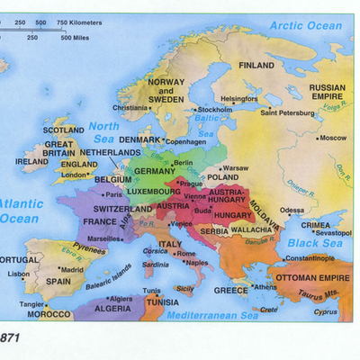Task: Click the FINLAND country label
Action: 256,66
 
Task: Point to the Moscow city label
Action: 333,138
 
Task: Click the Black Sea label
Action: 311,243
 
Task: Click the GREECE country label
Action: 230,291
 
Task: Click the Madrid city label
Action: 72,268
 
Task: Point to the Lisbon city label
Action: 18,274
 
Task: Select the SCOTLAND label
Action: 63,130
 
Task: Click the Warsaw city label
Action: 235,168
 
